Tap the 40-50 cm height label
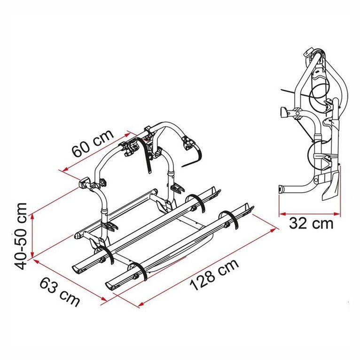(20, 236)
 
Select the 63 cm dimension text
(60, 291)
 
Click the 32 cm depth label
(311, 223)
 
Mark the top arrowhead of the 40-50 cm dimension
(32, 216)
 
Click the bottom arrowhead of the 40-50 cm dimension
(32, 255)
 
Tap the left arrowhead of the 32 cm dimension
(282, 214)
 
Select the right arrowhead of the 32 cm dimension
(337, 214)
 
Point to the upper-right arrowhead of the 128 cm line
(273, 230)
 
